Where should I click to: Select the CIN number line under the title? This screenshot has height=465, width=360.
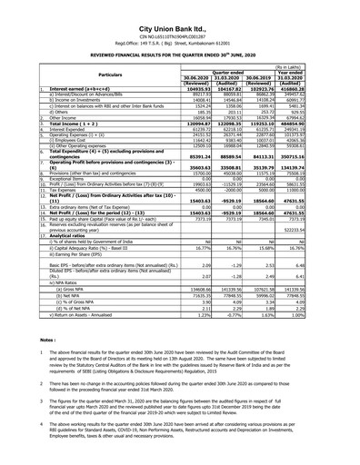pyautogui.click(x=179, y=20)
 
